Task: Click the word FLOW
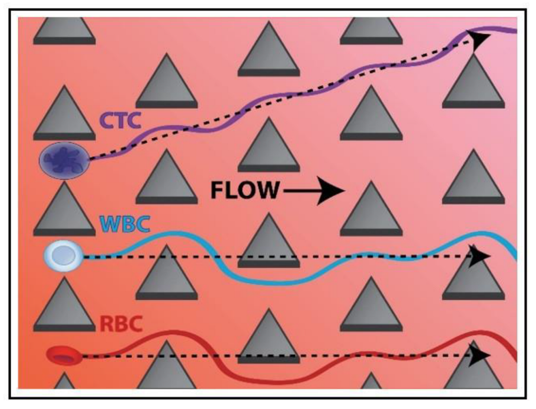pyautogui.click(x=244, y=190)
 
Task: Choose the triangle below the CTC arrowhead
pyautogui.click(x=473, y=83)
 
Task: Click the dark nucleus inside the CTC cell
pyautogui.click(x=63, y=159)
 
